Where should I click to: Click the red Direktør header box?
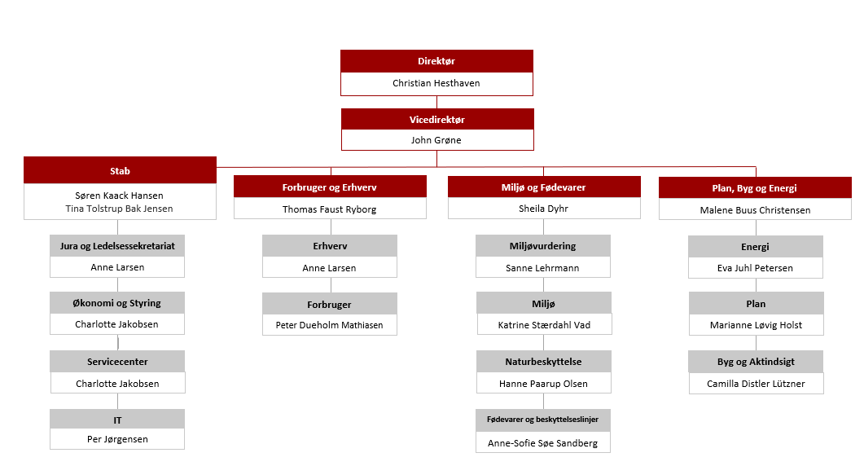click(436, 61)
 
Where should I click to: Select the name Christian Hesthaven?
click(436, 83)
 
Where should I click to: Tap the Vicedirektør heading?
click(437, 120)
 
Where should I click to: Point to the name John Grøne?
click(436, 140)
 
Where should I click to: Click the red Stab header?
click(121, 170)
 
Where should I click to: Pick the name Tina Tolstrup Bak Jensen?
click(119, 209)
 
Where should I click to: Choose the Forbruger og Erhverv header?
click(330, 187)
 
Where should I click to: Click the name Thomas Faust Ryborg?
click(330, 209)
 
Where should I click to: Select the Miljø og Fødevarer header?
click(544, 187)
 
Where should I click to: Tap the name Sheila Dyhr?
click(543, 209)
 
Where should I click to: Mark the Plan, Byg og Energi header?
click(755, 188)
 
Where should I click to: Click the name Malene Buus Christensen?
click(755, 210)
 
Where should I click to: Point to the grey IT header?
click(117, 420)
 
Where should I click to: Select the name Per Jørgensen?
click(117, 440)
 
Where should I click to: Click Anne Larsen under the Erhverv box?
click(329, 268)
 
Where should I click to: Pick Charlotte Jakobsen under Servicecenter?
click(117, 384)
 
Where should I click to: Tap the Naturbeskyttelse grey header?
click(543, 362)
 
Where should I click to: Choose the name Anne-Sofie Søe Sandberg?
click(543, 443)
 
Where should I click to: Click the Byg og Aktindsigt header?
click(756, 362)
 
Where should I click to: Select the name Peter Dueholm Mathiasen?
click(330, 325)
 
